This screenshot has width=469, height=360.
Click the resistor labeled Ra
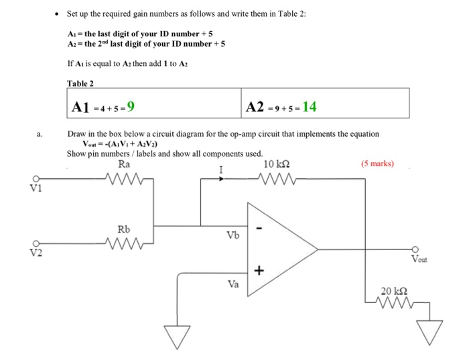125,178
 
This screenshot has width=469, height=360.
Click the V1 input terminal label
37,188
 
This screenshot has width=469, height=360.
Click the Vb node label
232,235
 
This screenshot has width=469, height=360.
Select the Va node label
232,284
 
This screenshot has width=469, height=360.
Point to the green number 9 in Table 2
132,106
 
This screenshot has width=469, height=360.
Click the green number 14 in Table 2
310,106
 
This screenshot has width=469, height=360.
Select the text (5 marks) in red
377,163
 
